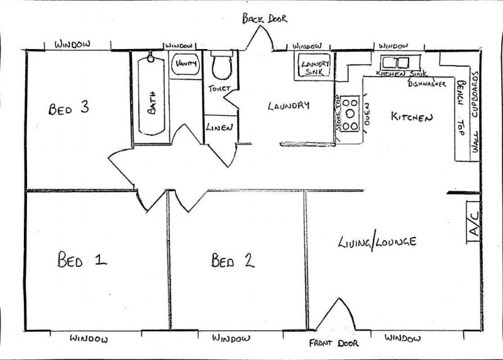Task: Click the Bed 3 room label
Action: [68, 108]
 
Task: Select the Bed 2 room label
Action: [232, 260]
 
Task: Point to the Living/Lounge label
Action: [377, 242]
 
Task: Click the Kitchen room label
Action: [412, 116]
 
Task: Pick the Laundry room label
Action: [289, 106]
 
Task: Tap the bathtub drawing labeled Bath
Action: [151, 94]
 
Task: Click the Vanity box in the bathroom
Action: [186, 64]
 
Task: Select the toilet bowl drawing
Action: [221, 66]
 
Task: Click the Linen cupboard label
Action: [220, 127]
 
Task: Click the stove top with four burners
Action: [351, 113]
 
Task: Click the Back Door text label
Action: [265, 19]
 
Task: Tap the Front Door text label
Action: [334, 344]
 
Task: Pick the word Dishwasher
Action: [427, 82]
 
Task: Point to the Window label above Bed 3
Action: [72, 45]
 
